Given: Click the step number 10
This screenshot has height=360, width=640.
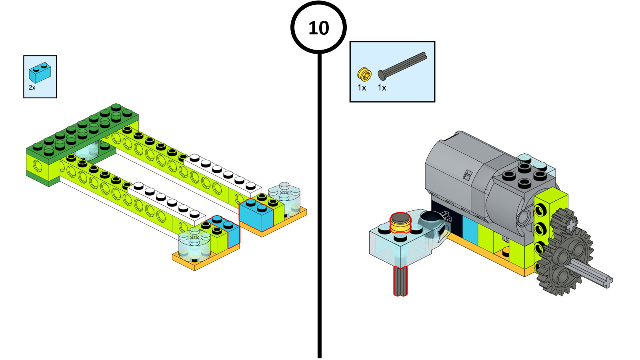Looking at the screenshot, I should pyautogui.click(x=318, y=28).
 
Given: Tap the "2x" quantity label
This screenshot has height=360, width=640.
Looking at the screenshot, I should pyautogui.click(x=32, y=88).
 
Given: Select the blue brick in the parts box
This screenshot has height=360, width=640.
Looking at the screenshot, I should pyautogui.click(x=40, y=72).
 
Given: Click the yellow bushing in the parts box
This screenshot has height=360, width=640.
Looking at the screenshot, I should pyautogui.click(x=364, y=74).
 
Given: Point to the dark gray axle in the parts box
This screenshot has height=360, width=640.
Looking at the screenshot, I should pyautogui.click(x=402, y=66).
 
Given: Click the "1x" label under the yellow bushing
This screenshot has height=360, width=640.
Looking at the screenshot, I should pyautogui.click(x=362, y=88).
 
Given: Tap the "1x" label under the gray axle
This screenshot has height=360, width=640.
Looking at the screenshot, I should pyautogui.click(x=382, y=88).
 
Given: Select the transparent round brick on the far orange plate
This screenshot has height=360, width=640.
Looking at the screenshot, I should pyautogui.click(x=284, y=198).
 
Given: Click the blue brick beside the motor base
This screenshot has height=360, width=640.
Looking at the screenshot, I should pyautogui.click(x=470, y=230).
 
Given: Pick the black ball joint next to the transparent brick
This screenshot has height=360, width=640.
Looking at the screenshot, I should pyautogui.click(x=434, y=219).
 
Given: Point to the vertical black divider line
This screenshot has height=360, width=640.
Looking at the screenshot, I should pyautogui.click(x=319, y=200).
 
